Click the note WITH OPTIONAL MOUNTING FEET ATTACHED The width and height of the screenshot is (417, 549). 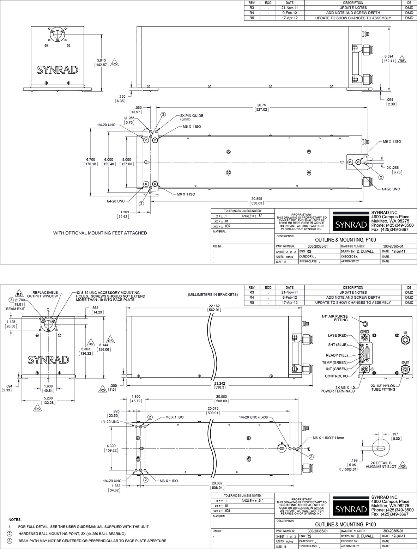(x=100, y=233)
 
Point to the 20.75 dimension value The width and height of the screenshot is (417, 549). (x=261, y=105)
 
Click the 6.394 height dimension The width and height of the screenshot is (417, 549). (x=389, y=56)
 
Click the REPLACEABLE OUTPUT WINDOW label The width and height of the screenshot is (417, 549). (x=45, y=294)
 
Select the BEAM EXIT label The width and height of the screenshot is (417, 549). (x=16, y=309)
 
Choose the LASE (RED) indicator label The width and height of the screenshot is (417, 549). (x=337, y=335)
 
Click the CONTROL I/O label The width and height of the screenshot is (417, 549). (x=336, y=376)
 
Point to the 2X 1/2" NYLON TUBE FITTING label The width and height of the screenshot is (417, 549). (x=383, y=387)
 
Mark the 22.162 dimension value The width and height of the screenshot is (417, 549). (x=214, y=305)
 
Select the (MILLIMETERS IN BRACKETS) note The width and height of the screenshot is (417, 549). (x=213, y=294)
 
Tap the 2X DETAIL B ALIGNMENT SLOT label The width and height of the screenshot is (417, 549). (x=379, y=464)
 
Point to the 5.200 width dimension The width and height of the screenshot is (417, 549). (x=48, y=398)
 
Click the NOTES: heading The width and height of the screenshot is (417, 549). (x=15, y=520)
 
